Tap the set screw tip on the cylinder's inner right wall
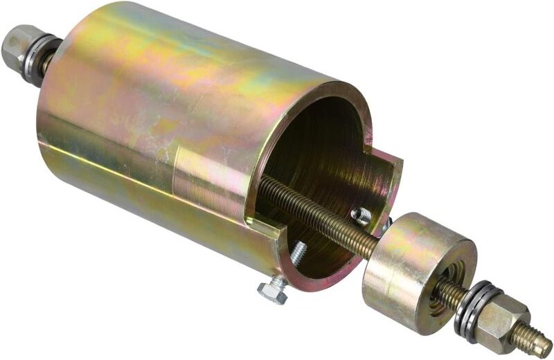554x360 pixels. pyautogui.click(x=361, y=216)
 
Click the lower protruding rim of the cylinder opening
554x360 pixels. pyautogui.click(x=312, y=277)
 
